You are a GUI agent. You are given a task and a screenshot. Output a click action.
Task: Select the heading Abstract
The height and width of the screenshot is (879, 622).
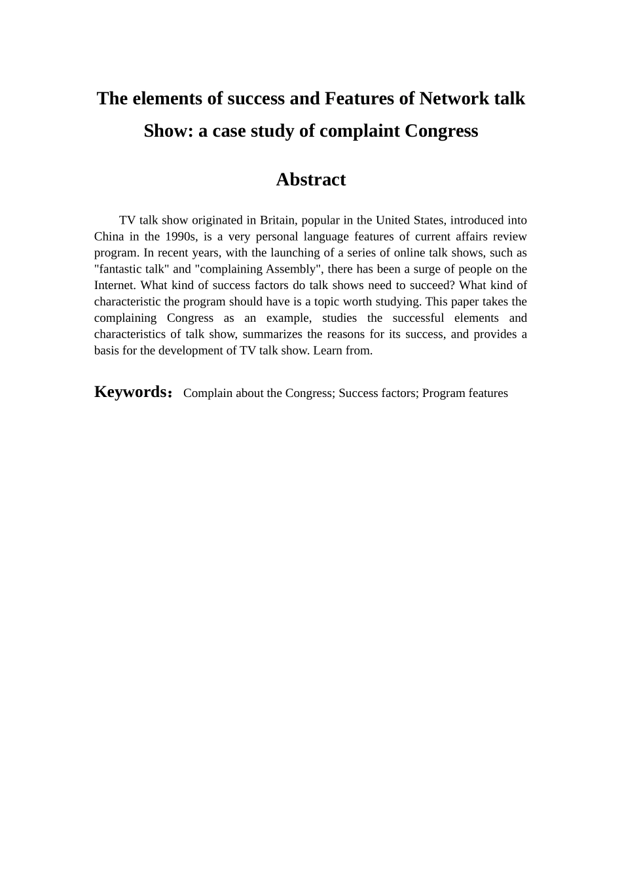coord(310,179)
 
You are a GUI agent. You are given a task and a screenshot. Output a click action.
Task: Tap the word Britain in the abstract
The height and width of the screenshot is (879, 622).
coord(277,220)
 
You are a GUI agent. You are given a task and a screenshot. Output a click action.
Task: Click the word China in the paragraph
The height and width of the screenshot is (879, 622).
coord(109,236)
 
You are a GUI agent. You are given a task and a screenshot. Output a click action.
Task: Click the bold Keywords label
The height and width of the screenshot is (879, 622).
coord(131,392)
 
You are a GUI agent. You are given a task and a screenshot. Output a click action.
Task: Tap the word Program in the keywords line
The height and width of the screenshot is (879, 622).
coord(443,393)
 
